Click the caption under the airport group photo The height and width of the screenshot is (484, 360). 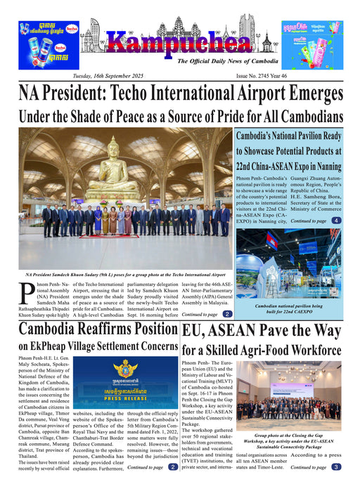pyautogui.click(x=124, y=275)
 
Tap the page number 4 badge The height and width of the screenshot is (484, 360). pyautogui.click(x=336, y=221)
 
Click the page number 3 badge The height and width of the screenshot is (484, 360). pyautogui.click(x=336, y=467)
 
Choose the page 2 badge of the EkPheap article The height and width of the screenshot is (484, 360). pyautogui.click(x=173, y=467)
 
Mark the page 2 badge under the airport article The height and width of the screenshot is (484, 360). pyautogui.click(x=227, y=315)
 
